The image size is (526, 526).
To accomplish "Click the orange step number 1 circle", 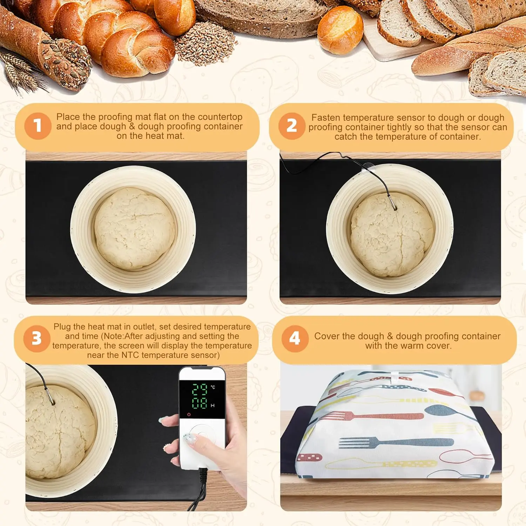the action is coord(38,126).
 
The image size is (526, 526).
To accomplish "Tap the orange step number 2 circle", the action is coord(292,126).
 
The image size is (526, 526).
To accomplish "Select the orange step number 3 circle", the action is coord(37,339).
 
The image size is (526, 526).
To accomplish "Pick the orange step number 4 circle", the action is coord(295,339).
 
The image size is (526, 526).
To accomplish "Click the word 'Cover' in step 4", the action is coord(326,336).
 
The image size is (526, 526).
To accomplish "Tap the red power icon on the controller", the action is coord(189,414).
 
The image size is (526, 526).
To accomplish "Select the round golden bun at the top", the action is coord(340,30).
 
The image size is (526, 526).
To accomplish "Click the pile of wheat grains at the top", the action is coord(205,43).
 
